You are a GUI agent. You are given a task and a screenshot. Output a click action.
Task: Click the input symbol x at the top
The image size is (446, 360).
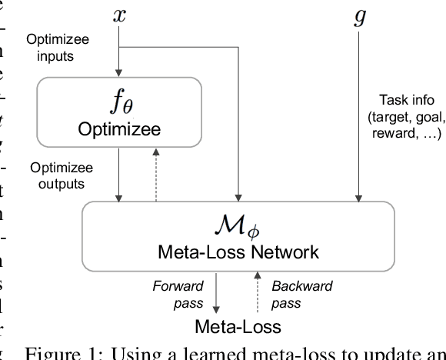(x=119, y=16)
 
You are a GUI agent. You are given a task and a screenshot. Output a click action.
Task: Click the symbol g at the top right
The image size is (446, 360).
(x=359, y=18)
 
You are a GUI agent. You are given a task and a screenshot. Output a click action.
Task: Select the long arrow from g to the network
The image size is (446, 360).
(x=359, y=115)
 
